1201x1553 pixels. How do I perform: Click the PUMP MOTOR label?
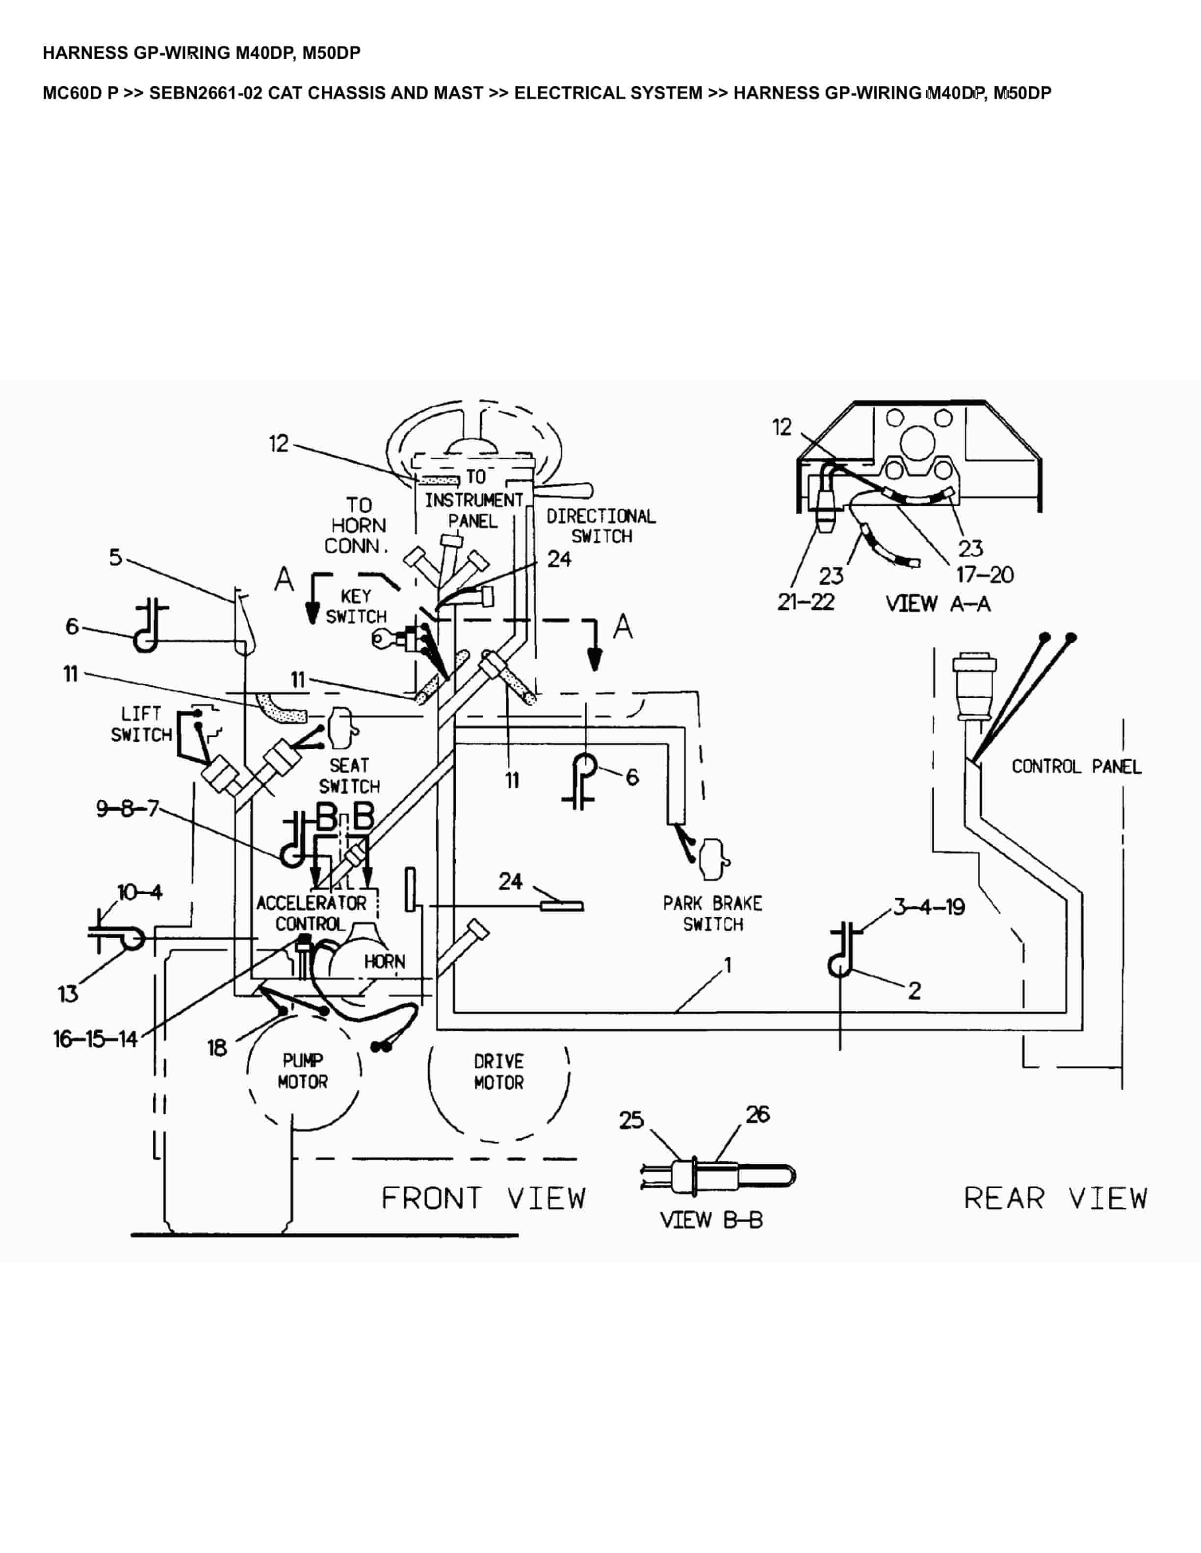click(x=303, y=1071)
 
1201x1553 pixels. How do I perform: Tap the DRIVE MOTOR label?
click(x=499, y=1072)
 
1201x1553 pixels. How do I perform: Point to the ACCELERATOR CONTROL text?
click(x=311, y=914)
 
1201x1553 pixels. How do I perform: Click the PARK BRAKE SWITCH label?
click(x=712, y=914)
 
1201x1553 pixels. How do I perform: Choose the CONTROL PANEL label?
click(x=1076, y=767)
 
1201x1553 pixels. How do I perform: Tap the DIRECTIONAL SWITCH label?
click(x=601, y=526)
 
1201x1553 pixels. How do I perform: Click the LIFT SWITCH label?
click(x=142, y=725)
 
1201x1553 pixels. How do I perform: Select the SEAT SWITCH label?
click(x=349, y=776)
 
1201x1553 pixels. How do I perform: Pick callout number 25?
click(x=631, y=1120)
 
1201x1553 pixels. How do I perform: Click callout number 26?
click(x=758, y=1114)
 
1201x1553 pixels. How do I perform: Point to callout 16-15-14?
click(x=95, y=1040)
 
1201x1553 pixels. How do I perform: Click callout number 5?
click(x=115, y=557)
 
